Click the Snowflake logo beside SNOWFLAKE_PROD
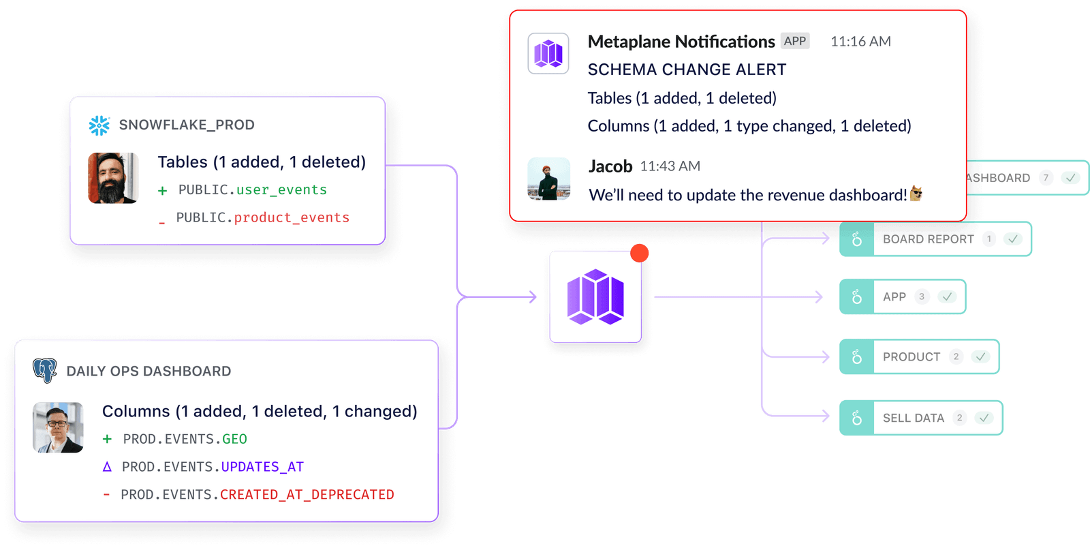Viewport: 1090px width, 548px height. (x=99, y=125)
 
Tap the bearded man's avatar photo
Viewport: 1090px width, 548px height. (x=113, y=178)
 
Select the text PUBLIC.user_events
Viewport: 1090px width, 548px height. (x=252, y=190)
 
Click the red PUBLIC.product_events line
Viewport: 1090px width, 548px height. (x=262, y=218)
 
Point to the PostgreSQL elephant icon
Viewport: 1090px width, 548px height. (x=45, y=370)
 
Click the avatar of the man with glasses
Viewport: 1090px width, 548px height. (x=59, y=427)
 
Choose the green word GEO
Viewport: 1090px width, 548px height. (x=234, y=440)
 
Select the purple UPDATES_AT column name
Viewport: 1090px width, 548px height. (x=262, y=467)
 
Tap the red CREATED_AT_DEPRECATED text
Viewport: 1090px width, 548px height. (x=307, y=495)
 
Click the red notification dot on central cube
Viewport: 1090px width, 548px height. (x=639, y=254)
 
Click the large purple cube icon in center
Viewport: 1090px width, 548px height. (x=595, y=297)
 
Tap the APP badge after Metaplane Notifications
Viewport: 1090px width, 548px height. (x=794, y=41)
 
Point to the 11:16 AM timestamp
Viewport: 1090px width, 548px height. (x=860, y=42)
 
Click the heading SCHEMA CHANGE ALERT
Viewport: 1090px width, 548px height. (x=687, y=70)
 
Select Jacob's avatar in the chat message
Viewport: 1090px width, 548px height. (x=549, y=179)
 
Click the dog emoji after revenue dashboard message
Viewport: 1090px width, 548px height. (x=916, y=194)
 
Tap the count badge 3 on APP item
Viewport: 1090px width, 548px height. (x=921, y=296)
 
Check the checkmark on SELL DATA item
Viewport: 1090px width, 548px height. (x=983, y=418)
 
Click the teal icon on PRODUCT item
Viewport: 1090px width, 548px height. (x=856, y=357)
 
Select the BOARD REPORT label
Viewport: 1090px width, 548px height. (x=928, y=239)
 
